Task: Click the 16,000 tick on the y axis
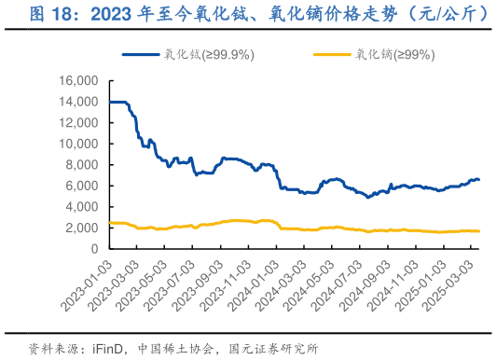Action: (x=80, y=81)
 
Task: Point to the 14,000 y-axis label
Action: (x=80, y=102)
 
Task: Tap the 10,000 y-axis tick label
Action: (x=80, y=144)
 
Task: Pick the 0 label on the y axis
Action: (x=95, y=249)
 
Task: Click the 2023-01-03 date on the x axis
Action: (x=85, y=284)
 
